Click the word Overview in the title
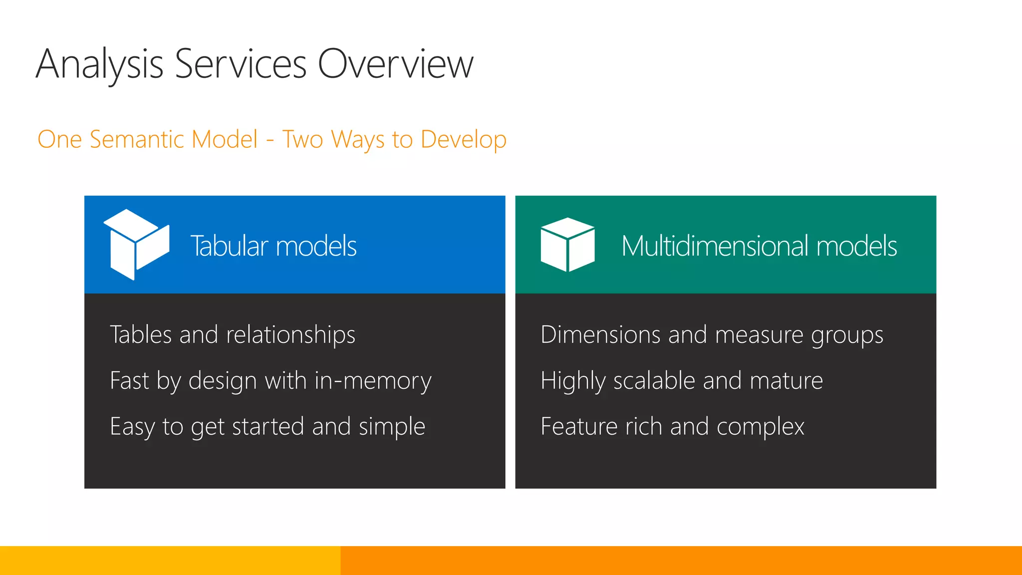click(x=395, y=64)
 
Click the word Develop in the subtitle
click(x=463, y=140)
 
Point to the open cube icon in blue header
click(x=136, y=244)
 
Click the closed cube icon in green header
click(x=567, y=245)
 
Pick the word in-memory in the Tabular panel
click(x=373, y=381)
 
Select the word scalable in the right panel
click(x=654, y=381)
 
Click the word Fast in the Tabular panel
click(x=129, y=381)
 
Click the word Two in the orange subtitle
click(x=303, y=139)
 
